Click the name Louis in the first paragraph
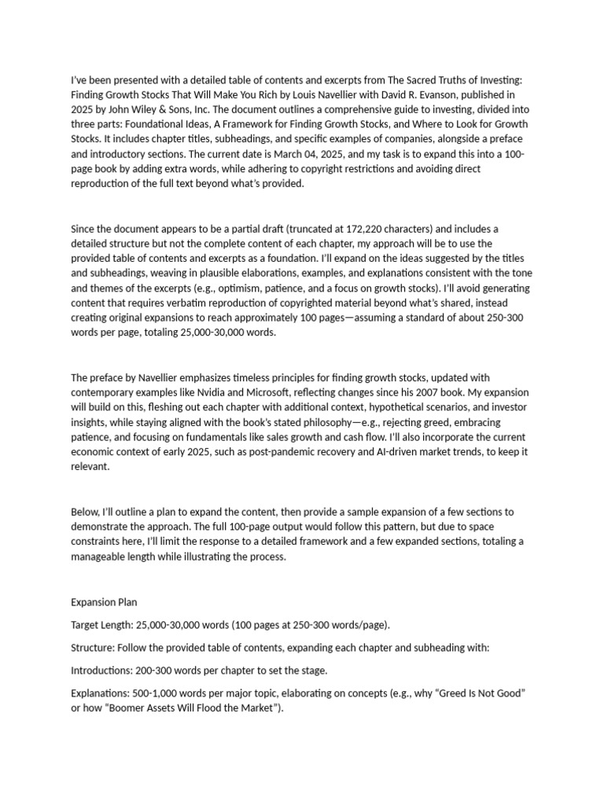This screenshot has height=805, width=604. (x=322, y=94)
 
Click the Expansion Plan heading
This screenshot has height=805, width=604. (x=104, y=602)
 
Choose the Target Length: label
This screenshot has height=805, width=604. (x=102, y=625)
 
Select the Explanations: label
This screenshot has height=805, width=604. (x=101, y=693)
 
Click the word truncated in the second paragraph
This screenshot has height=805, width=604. (x=313, y=229)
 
